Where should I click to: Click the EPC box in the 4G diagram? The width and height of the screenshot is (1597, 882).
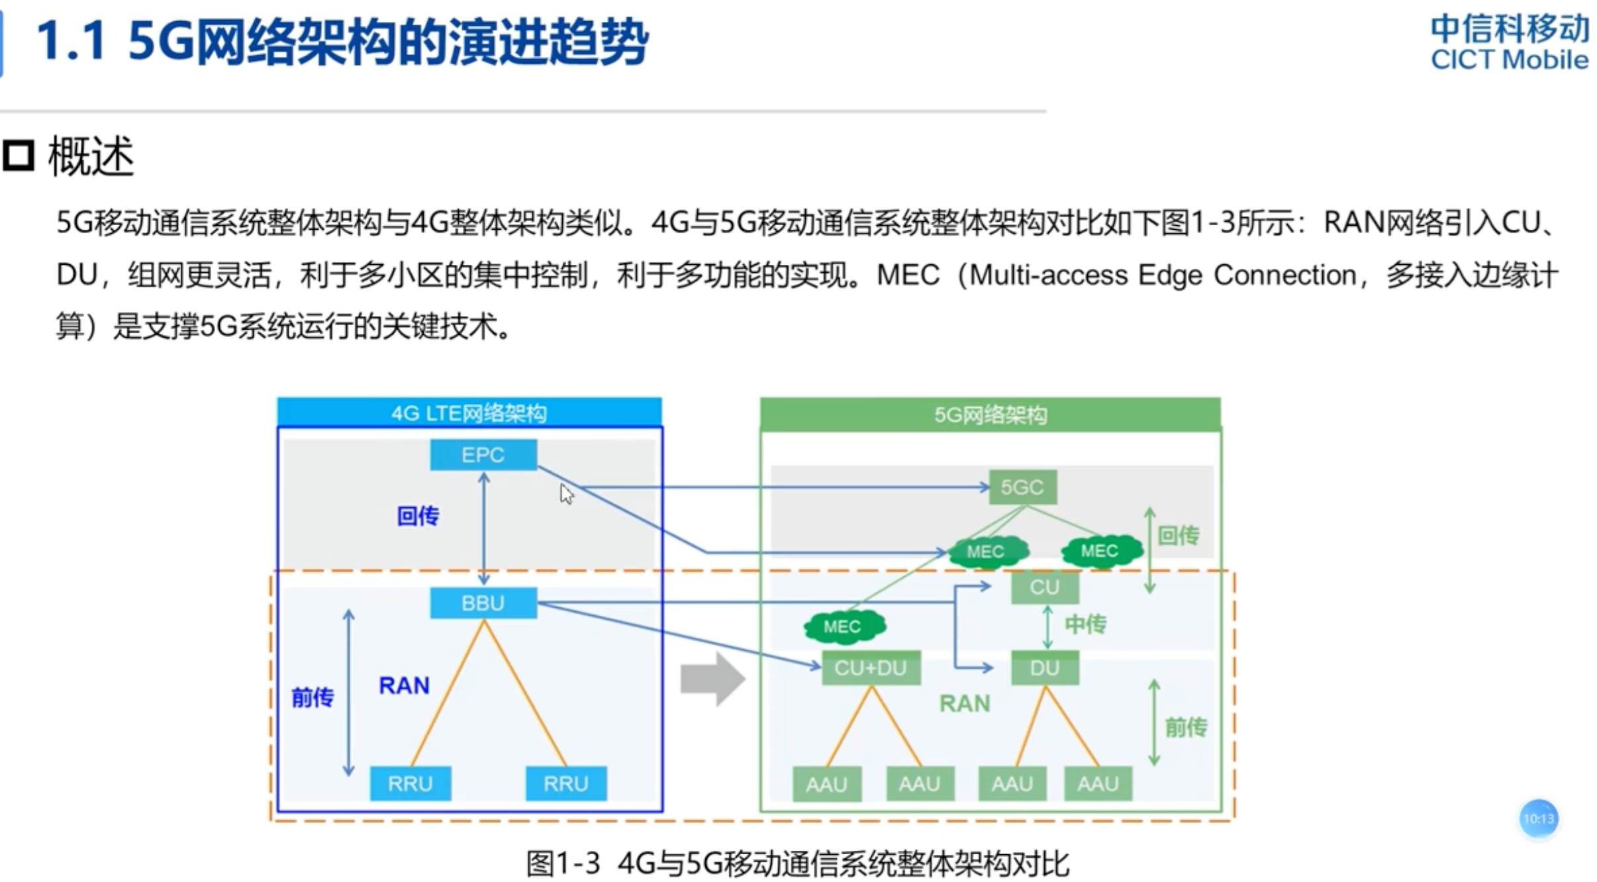[x=483, y=455]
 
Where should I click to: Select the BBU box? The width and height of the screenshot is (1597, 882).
[x=483, y=603]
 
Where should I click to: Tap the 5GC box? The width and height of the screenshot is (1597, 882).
[x=1022, y=487]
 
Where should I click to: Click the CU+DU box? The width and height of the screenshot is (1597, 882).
[x=870, y=668]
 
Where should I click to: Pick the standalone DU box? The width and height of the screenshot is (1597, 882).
[x=1044, y=668]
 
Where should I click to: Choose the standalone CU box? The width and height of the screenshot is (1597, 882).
[x=1044, y=587]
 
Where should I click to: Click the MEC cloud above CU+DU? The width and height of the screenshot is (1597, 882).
[x=842, y=626]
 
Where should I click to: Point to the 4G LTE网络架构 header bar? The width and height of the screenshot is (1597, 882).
[x=469, y=413]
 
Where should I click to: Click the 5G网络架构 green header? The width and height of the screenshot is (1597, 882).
[x=990, y=415]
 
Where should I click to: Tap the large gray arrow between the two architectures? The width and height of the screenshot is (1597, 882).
[x=712, y=679]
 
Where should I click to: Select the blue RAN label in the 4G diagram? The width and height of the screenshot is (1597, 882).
[x=404, y=685]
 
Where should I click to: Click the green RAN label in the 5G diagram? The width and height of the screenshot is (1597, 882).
[x=965, y=703]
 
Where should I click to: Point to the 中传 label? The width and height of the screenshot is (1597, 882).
[x=1085, y=624]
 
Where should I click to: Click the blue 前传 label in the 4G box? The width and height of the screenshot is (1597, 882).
[x=313, y=697]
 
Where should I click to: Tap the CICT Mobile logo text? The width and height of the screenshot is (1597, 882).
[x=1509, y=60]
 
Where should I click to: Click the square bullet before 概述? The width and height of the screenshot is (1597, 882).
[x=18, y=156]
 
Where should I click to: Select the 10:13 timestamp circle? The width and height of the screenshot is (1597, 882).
[x=1538, y=819]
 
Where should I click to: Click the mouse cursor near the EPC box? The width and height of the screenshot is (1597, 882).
[x=566, y=494]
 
